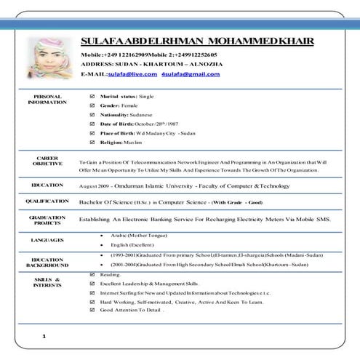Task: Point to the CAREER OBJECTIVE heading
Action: [x=48, y=161]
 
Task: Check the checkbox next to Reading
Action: [x=91, y=275]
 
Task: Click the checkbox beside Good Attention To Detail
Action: [x=91, y=310]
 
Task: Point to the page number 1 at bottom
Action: [x=44, y=336]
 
